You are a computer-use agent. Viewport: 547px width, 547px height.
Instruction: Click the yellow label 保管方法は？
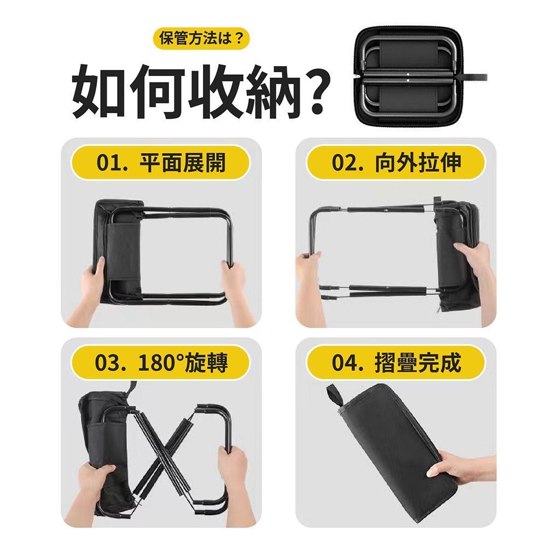201,38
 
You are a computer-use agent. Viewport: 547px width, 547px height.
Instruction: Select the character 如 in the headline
98,92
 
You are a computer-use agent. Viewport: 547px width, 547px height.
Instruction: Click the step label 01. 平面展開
161,162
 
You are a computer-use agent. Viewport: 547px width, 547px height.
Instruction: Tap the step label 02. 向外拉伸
396,162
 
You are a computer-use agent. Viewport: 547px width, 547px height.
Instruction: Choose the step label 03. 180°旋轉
161,363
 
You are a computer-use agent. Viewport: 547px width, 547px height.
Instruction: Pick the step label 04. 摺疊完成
396,363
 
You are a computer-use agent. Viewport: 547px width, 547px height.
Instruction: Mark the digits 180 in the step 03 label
155,363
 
